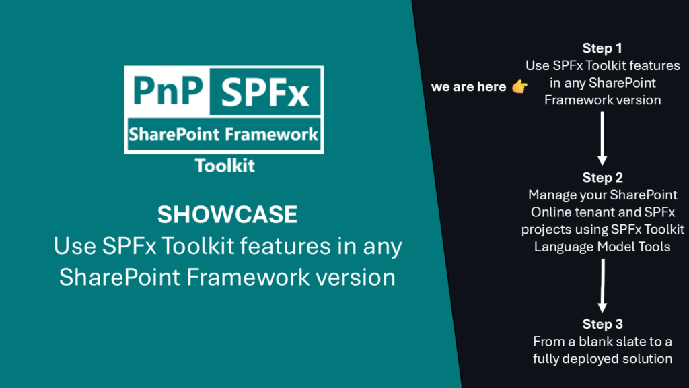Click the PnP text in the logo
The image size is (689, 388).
[168, 91]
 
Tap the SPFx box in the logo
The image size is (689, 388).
[265, 92]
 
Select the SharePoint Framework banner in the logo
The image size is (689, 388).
[223, 134]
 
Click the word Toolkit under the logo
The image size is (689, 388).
[225, 166]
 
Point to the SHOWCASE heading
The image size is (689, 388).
[227, 215]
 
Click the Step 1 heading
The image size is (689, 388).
[602, 48]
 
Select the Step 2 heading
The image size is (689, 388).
[602, 177]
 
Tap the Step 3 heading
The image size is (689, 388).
[602, 324]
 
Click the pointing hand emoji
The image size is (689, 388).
[519, 86]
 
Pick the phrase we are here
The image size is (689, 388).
[468, 87]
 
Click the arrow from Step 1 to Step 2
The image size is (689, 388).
[602, 138]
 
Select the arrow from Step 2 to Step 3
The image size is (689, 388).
[602, 286]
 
